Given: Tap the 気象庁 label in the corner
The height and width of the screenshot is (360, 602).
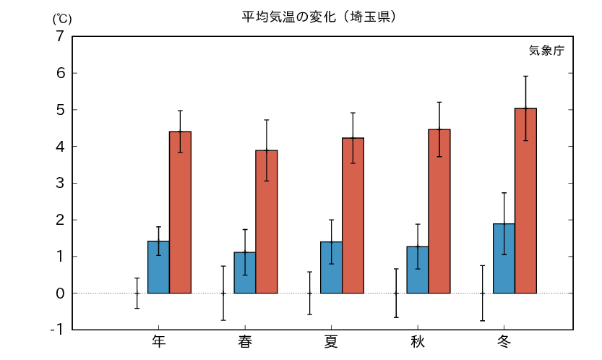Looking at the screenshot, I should (x=546, y=51).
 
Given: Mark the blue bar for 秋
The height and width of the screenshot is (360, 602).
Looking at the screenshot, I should (x=418, y=270).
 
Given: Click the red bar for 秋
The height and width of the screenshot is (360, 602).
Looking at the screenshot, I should (x=439, y=211).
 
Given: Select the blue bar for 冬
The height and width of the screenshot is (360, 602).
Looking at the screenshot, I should (x=504, y=258).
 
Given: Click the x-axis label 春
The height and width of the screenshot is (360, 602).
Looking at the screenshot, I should (x=245, y=341).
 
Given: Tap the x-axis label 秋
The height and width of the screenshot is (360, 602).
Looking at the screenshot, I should (x=418, y=341).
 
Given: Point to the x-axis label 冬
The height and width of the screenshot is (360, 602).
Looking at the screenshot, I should (x=504, y=341).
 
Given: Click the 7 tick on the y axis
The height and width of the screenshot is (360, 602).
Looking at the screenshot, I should (x=60, y=36).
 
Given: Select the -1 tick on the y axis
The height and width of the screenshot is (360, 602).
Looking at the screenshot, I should (x=57, y=330).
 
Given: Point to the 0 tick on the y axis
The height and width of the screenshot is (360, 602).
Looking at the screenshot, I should (x=60, y=293).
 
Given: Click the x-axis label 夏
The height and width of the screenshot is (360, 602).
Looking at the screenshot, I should (x=331, y=341).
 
